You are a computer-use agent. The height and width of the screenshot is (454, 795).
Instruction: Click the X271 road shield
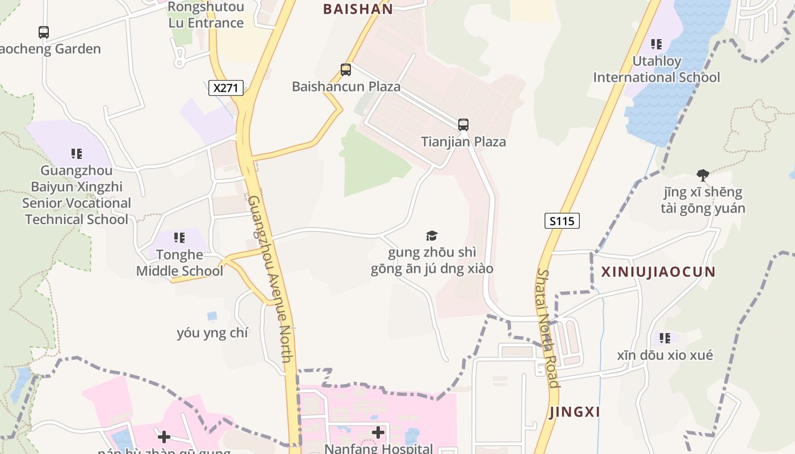point(226,88)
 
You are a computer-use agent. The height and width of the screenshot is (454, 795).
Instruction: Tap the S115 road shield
point(562,221)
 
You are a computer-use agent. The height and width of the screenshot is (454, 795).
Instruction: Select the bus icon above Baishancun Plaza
point(346,70)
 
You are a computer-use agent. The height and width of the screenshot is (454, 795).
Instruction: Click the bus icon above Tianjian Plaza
point(463,125)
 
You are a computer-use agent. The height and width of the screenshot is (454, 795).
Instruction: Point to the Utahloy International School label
point(656,69)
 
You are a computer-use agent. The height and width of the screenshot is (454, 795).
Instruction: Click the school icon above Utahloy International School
point(656,44)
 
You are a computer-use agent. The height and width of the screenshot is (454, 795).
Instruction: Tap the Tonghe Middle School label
point(179,263)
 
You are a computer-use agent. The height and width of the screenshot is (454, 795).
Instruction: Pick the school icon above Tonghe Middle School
point(179,238)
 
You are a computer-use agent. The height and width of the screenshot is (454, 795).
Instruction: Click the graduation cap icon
point(432,236)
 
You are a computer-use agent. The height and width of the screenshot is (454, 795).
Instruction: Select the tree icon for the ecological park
point(702,175)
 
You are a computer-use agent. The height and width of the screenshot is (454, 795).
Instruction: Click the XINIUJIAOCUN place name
point(658,271)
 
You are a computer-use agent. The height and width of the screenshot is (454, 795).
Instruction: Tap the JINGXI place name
point(575,412)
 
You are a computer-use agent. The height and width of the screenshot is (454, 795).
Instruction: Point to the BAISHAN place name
point(358,9)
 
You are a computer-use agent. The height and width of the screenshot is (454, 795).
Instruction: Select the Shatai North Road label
point(548,328)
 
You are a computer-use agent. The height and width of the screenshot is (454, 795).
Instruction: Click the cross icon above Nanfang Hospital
point(378,433)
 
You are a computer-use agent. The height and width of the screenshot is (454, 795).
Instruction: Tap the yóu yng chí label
point(212,333)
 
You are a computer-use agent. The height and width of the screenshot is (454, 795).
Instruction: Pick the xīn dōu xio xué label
point(665,355)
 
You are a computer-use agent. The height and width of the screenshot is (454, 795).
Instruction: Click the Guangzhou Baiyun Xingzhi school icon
point(77,154)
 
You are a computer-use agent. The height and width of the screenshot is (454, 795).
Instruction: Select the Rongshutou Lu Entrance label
point(206,15)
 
